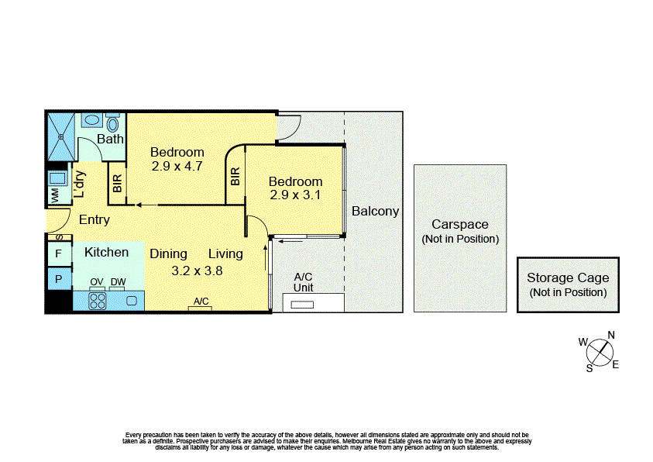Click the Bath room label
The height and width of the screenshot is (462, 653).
click(110, 140)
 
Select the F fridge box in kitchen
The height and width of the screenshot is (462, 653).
click(58, 253)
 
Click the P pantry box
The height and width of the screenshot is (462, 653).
click(58, 278)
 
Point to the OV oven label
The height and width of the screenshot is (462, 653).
click(97, 282)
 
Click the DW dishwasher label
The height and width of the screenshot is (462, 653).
click(118, 282)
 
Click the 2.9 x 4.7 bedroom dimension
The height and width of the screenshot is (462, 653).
click(177, 165)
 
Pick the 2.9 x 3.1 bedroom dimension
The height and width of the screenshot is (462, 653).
click(295, 195)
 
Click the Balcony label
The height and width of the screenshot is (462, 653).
click(375, 211)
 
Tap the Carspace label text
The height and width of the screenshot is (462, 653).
click(460, 225)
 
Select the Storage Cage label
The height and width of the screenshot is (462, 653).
click(568, 278)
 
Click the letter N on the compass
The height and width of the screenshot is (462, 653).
click(611, 335)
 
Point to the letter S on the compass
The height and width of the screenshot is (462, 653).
click(589, 368)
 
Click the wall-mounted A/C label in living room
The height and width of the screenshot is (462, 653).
click(201, 302)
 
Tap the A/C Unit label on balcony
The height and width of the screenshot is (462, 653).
click(303, 282)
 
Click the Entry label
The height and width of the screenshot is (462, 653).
click(95, 220)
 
